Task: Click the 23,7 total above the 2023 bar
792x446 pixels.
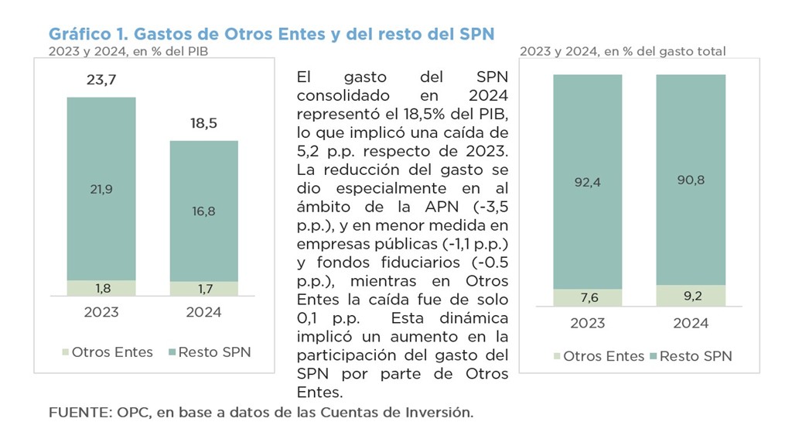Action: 101,80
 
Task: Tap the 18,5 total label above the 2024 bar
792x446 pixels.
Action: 204,123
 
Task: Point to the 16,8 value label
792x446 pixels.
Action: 204,211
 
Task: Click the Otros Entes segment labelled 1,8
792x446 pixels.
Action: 101,288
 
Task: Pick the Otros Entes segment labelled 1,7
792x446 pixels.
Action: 204,289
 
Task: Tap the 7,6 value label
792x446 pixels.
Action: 587,298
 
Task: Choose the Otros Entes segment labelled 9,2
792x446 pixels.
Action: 691,296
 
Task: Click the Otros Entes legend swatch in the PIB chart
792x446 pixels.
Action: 64,352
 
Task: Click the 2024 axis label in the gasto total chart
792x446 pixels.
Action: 691,324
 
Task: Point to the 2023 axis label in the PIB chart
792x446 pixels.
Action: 101,312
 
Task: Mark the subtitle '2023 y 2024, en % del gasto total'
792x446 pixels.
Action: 622,51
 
